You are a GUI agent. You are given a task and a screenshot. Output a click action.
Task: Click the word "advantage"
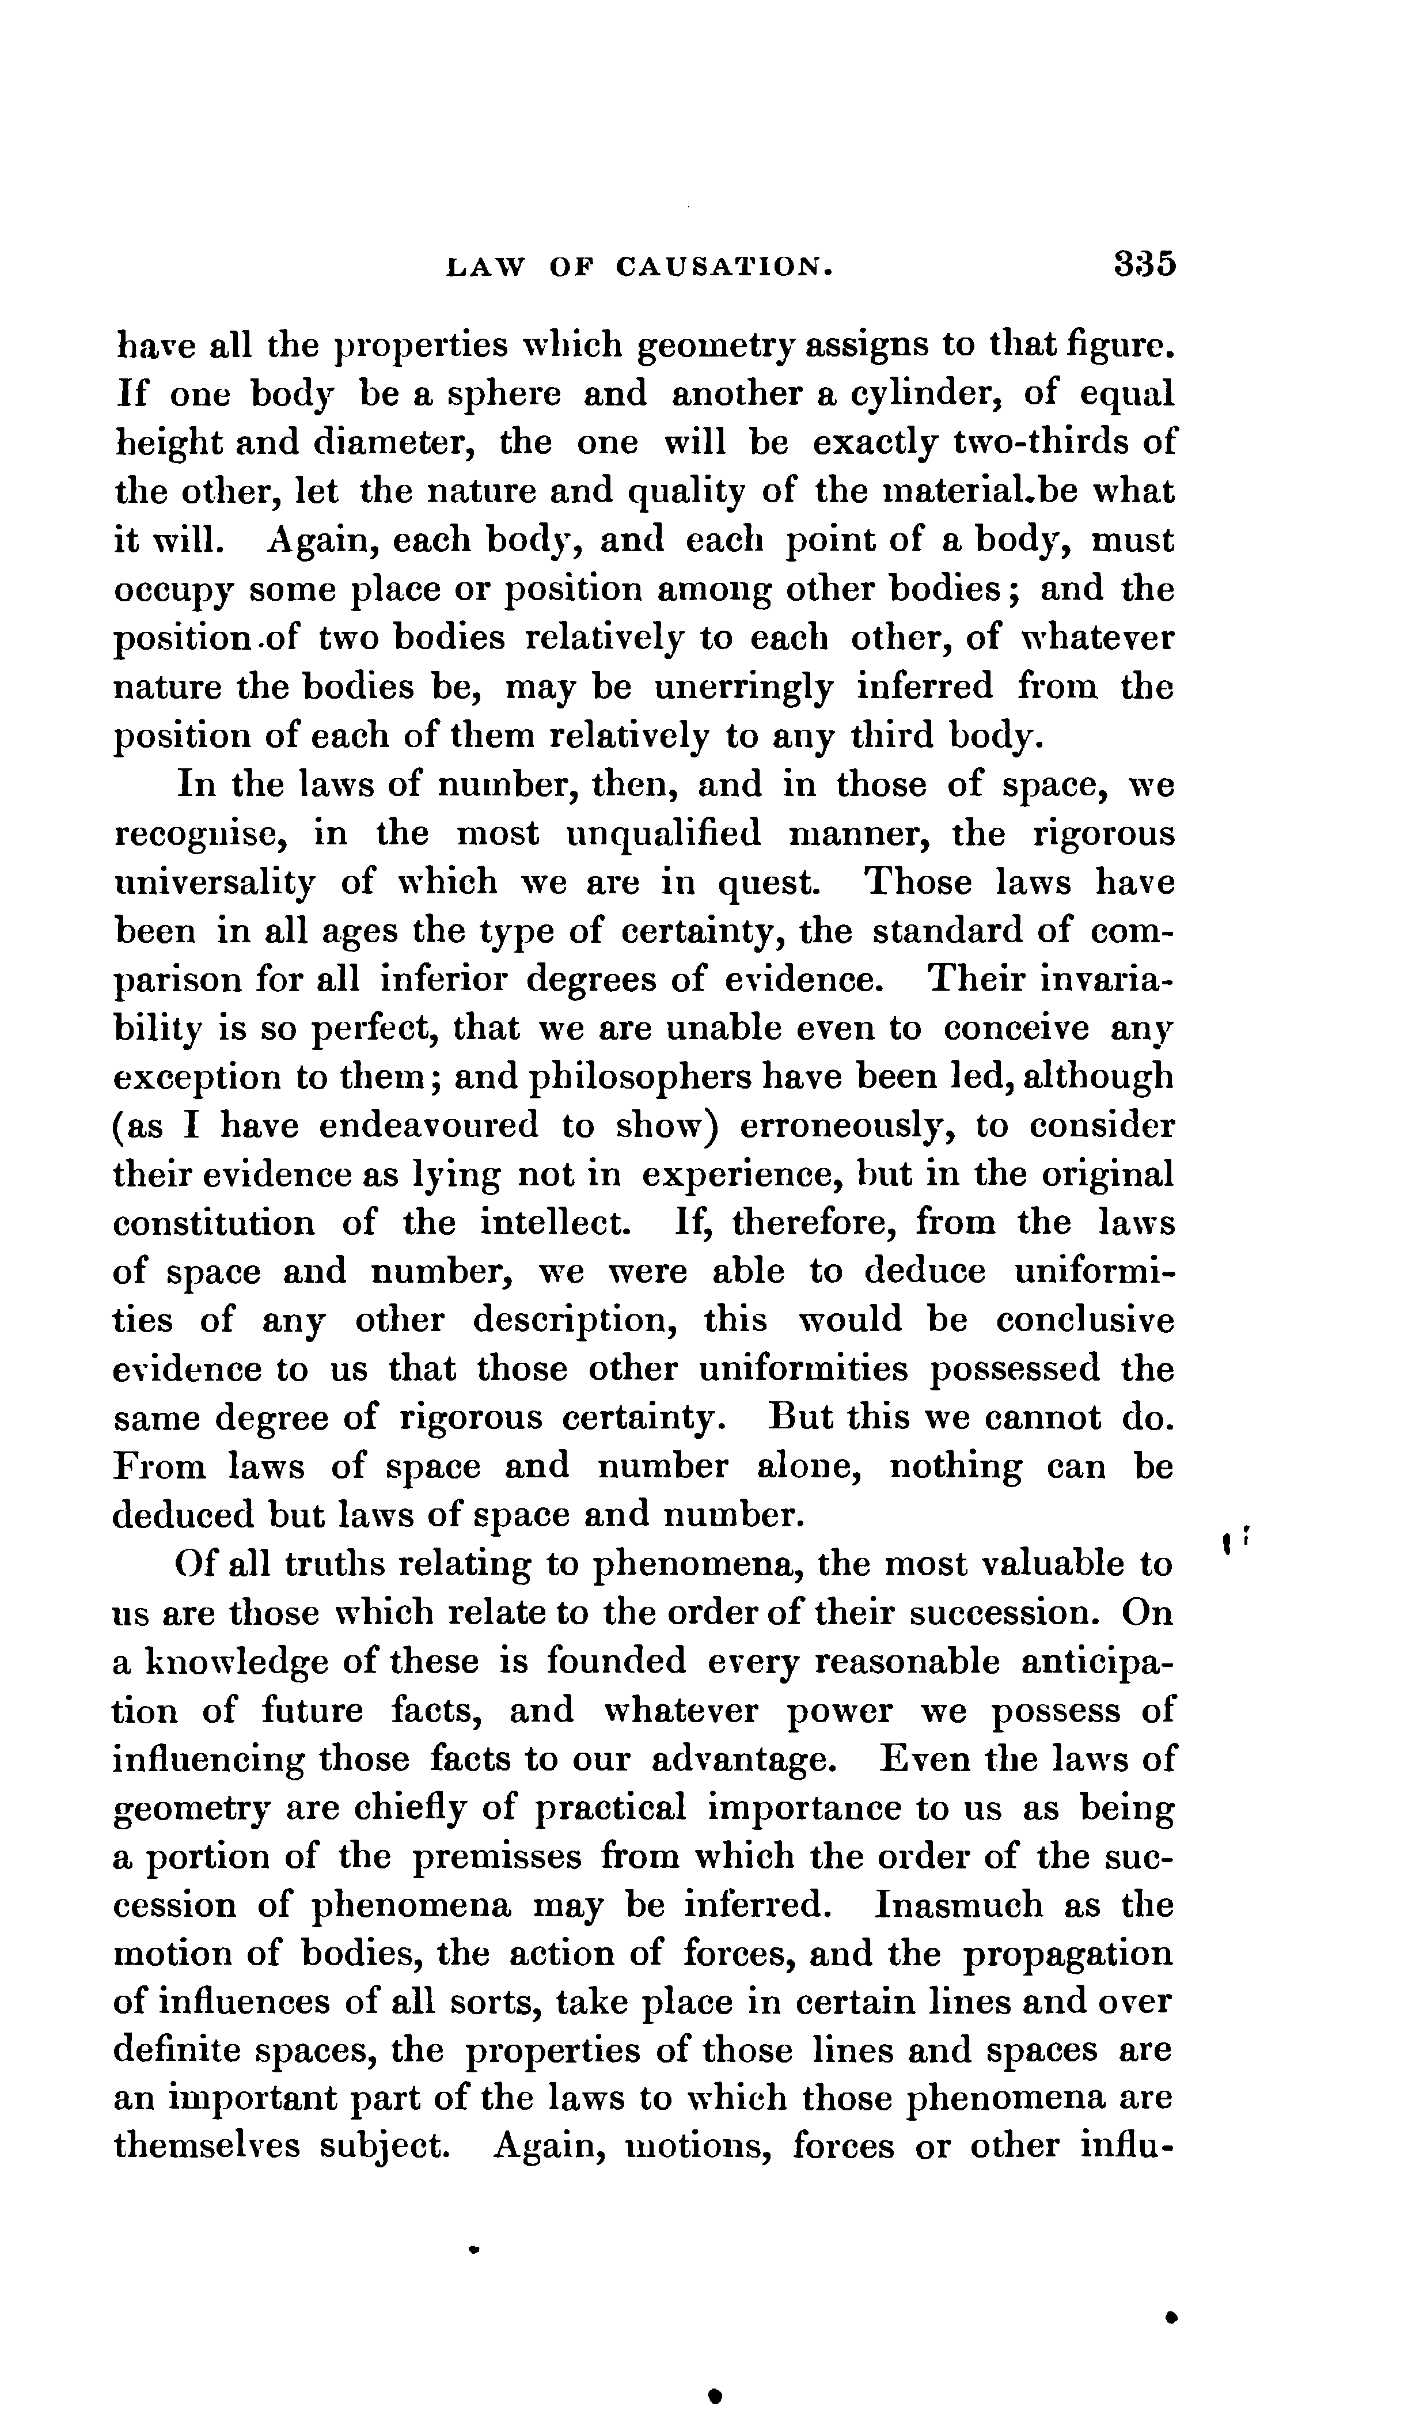pos(742,1760)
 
